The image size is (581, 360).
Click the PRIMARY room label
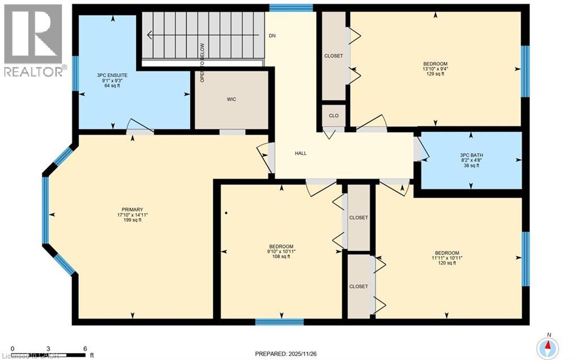[x=132, y=209]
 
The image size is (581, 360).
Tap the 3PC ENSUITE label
[x=110, y=74]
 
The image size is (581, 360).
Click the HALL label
[x=301, y=153]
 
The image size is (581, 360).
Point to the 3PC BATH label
[x=471, y=154]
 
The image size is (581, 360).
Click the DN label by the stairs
[x=272, y=35]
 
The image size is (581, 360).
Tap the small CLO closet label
[x=334, y=115]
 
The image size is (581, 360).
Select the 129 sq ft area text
[x=435, y=74]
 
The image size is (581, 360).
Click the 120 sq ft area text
[x=447, y=263]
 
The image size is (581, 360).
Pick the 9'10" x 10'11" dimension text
[x=281, y=252]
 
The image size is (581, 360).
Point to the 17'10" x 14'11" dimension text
[x=132, y=215]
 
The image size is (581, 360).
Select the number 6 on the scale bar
[x=85, y=349]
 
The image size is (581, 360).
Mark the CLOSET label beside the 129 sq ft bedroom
[x=333, y=56]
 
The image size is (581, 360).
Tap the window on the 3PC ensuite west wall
[x=75, y=73]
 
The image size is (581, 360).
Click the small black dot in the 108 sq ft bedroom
[x=226, y=214]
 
